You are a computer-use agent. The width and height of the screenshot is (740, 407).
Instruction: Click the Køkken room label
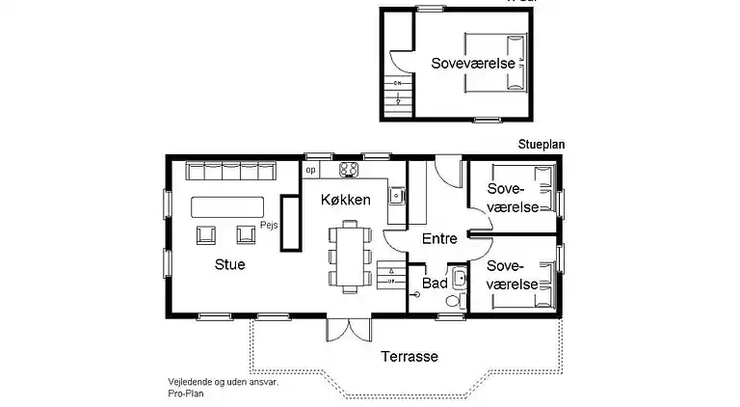(x=347, y=200)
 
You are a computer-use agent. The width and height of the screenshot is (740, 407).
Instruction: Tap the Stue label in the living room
(x=229, y=263)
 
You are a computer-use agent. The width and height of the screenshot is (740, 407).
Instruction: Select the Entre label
(x=439, y=239)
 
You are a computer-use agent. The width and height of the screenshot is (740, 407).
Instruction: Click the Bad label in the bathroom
(x=435, y=284)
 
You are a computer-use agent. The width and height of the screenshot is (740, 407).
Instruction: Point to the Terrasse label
(x=409, y=356)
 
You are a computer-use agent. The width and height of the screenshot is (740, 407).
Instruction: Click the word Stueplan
(x=540, y=144)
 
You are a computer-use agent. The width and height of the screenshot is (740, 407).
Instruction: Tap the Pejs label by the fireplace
(x=269, y=223)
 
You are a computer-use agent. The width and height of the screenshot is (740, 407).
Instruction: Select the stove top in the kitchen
(x=349, y=171)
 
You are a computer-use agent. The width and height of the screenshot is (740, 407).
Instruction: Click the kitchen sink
(x=395, y=195)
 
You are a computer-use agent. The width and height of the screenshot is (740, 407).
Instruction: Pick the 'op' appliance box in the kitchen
(x=310, y=170)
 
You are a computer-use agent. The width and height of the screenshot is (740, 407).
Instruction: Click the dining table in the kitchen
(x=349, y=256)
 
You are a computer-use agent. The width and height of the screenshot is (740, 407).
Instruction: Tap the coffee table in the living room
(x=227, y=206)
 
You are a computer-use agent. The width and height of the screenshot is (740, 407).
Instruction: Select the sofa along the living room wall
(x=230, y=172)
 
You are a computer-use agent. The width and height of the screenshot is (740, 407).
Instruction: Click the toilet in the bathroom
(x=453, y=302)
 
